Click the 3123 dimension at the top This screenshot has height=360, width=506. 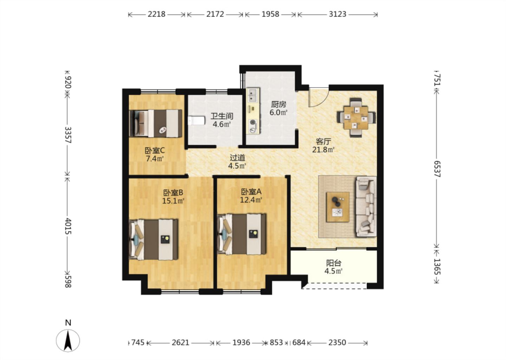pyautogui.click(x=337, y=14)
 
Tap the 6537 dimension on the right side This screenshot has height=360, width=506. pyautogui.click(x=437, y=169)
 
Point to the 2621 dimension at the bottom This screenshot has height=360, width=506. pyautogui.click(x=180, y=343)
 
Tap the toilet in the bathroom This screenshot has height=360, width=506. pyautogui.click(x=196, y=121)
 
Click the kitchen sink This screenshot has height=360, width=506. pyautogui.click(x=253, y=95)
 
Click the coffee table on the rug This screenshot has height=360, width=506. pyautogui.click(x=338, y=207)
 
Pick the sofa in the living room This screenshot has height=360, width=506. pyautogui.click(x=366, y=207)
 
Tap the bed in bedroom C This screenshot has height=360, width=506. pyautogui.click(x=155, y=123)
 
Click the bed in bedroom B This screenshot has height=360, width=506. pyautogui.click(x=153, y=239)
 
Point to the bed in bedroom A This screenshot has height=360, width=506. pyautogui.click(x=241, y=234)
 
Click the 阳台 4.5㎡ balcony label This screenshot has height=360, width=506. pyautogui.click(x=333, y=267)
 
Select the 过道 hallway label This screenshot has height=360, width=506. pyautogui.click(x=237, y=157)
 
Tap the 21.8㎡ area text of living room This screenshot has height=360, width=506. pyautogui.click(x=323, y=150)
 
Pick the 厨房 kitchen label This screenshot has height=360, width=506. pyautogui.click(x=278, y=104)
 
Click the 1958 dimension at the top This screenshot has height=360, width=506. pyautogui.click(x=270, y=14)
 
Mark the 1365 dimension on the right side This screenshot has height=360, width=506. pyautogui.click(x=437, y=266)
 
